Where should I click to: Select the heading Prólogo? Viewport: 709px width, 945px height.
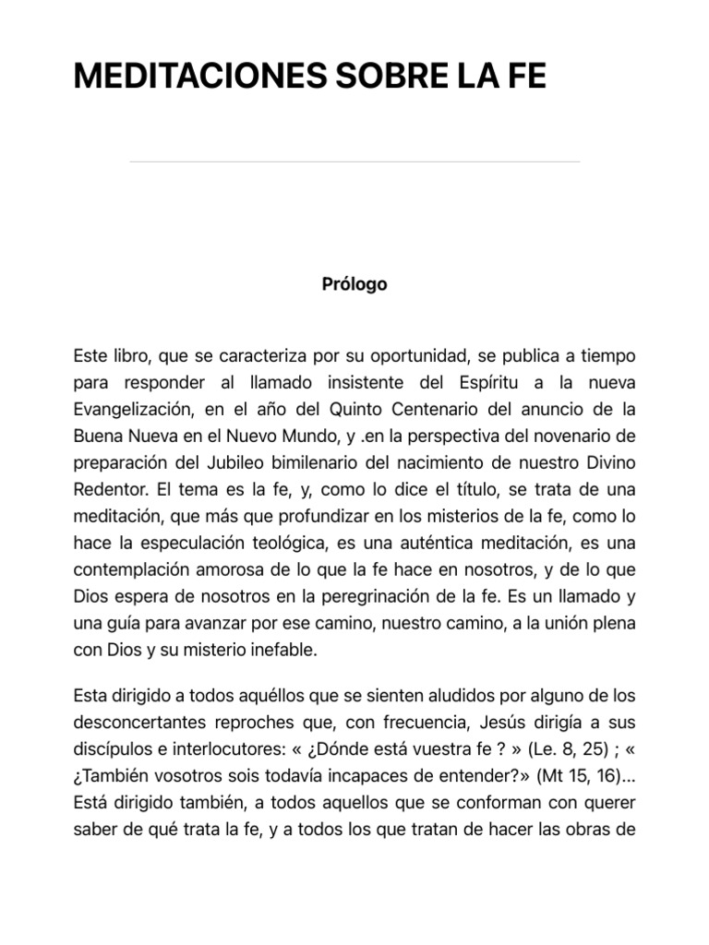[354, 284]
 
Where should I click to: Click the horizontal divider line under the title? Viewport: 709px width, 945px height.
[354, 162]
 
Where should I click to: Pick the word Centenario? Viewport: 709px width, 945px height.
[442, 409]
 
